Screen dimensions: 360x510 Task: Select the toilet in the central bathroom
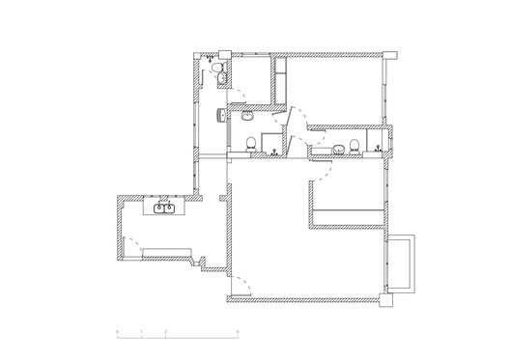pos(251,144)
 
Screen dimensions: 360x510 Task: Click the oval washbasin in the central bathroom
pos(248,117)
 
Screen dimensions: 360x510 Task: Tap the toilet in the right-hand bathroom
pos(354,146)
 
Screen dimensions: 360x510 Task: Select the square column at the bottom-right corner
pos(389,300)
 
